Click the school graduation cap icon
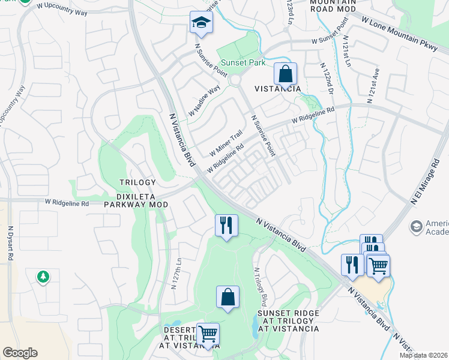202,23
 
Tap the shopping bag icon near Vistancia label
286,74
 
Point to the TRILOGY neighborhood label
137,182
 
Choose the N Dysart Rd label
10,242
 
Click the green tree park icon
43,277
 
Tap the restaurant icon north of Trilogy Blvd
226,226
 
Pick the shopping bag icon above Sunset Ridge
228,297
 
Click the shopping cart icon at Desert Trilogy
208,334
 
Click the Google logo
20,353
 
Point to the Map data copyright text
424,355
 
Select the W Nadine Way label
204,101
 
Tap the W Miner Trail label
225,142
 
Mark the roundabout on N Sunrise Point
235,80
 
